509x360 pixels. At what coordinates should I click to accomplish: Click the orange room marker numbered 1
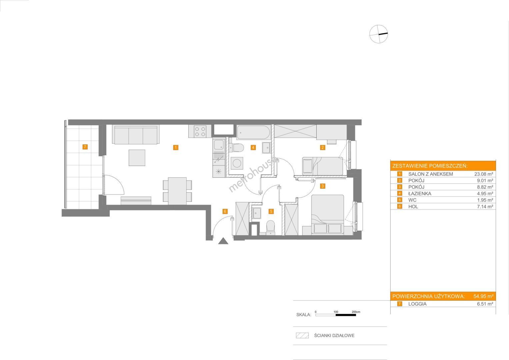[x=175, y=147]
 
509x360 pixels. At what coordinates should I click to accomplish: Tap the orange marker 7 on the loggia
[x=85, y=147]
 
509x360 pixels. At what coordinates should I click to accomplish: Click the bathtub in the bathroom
[x=253, y=132]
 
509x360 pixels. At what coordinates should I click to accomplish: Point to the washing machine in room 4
[x=237, y=163]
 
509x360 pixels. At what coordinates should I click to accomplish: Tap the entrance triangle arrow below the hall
[x=223, y=241]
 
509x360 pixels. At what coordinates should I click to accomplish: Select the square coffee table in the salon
[x=137, y=157]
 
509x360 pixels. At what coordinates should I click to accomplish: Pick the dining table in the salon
[x=177, y=191]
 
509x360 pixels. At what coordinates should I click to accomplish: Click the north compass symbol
[x=378, y=34]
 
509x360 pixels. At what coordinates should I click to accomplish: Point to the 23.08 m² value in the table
[x=484, y=174]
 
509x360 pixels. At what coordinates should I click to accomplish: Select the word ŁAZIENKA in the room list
[x=420, y=194]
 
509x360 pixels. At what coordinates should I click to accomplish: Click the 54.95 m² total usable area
[x=483, y=296]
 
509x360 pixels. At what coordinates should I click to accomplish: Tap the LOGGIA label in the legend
[x=417, y=304]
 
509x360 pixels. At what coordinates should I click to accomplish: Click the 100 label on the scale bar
[x=336, y=312]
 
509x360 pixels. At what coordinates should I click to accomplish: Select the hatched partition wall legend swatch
[x=302, y=335]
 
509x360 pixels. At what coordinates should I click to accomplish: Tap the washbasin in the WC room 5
[x=257, y=213]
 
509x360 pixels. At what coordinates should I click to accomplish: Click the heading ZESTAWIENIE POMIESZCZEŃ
[x=430, y=166]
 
